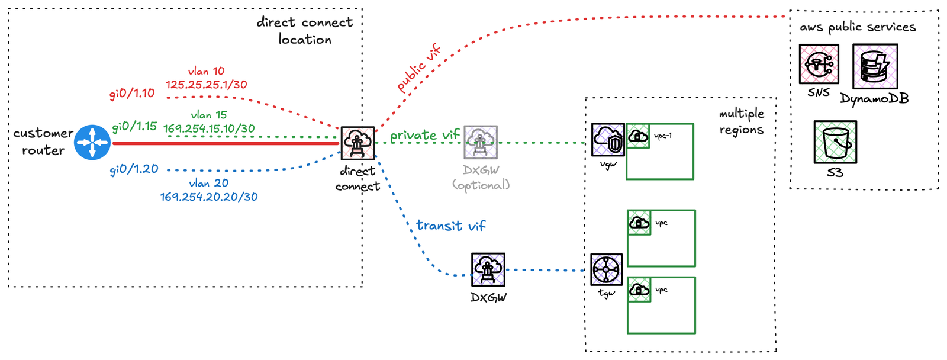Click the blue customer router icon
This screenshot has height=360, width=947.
(92, 142)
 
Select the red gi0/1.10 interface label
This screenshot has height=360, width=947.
(132, 94)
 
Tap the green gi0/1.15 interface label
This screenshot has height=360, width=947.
(134, 126)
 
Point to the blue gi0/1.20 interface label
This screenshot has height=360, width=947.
(134, 169)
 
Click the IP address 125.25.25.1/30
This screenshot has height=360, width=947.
(206, 85)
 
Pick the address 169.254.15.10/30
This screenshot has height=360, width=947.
(209, 128)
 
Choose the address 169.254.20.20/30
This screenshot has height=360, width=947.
(209, 197)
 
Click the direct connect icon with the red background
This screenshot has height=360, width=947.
(357, 143)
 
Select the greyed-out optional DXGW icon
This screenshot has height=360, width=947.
(481, 142)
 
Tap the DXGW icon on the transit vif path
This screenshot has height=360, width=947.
(488, 269)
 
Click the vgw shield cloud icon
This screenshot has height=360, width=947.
(608, 140)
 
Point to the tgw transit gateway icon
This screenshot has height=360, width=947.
(606, 269)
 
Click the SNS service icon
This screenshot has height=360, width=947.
(819, 64)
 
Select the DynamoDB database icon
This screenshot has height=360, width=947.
(875, 66)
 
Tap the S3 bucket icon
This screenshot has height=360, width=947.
(835, 142)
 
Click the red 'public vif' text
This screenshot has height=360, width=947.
(419, 68)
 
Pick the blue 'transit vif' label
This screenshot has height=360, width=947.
(450, 226)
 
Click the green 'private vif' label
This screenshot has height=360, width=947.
(424, 136)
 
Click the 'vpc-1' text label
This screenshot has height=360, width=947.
(663, 136)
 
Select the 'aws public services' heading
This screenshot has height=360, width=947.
(858, 27)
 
